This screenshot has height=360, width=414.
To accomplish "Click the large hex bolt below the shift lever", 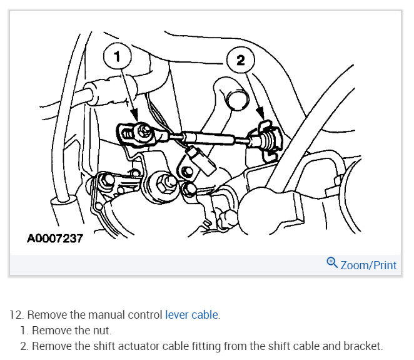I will (x=167, y=184).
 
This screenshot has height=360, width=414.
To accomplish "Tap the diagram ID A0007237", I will (x=55, y=239).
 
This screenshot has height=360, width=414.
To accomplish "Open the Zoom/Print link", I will (x=368, y=265).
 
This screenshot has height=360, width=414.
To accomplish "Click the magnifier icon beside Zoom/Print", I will (x=332, y=264).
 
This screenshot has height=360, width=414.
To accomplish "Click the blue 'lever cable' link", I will (x=192, y=315).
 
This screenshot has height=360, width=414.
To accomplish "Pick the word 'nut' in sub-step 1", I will (x=102, y=331).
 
